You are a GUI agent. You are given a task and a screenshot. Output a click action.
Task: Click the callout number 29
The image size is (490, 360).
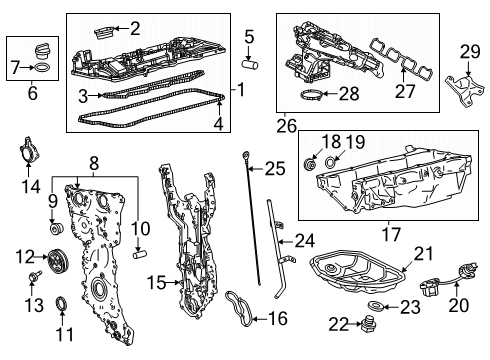470,52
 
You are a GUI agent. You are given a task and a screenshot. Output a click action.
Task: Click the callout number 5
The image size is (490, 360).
250,38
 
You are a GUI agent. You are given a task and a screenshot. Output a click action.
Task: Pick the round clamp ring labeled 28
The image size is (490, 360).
311,97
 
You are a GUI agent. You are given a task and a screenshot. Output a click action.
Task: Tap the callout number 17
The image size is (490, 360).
378,238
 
